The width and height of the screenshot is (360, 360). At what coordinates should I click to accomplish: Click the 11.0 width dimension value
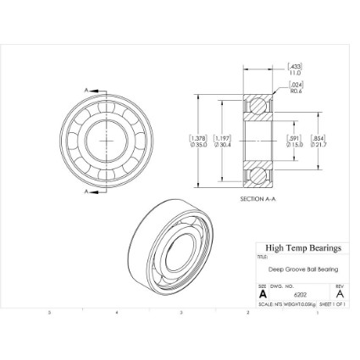(x=295, y=71)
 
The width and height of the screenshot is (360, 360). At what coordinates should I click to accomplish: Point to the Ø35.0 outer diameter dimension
(x=198, y=144)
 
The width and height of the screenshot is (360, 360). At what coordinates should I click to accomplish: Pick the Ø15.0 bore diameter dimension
(x=294, y=144)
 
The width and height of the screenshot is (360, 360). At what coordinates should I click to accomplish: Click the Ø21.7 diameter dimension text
(x=318, y=144)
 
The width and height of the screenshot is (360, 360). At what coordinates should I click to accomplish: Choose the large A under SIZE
(x=263, y=293)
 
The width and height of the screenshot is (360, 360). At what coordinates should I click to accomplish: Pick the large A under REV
(x=339, y=293)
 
